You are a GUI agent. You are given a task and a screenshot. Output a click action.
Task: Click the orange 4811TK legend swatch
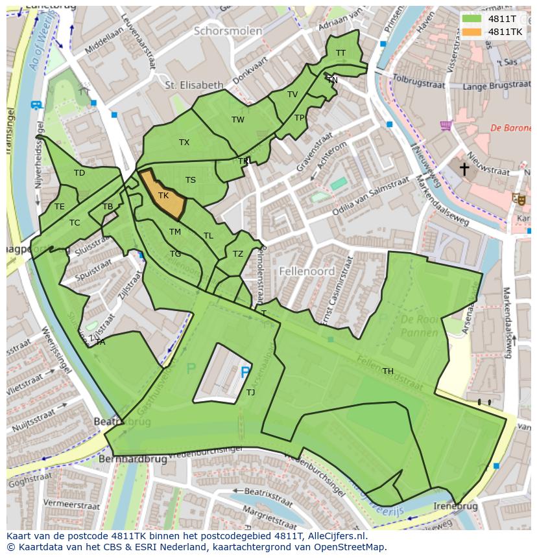(472, 32)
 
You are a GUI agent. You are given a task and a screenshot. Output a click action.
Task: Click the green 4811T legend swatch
(472, 19)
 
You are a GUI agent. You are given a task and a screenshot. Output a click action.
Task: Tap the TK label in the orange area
(163, 195)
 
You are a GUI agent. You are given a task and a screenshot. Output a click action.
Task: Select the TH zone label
(388, 371)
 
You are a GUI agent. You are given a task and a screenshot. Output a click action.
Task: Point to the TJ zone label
(250, 392)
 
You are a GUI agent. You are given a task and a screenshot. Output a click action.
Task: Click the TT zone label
(340, 53)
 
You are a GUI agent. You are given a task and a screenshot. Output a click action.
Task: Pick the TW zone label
(238, 120)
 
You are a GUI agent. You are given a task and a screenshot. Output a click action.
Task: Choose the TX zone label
(184, 143)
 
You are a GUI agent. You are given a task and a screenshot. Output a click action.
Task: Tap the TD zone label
(79, 173)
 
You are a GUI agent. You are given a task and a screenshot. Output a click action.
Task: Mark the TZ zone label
(238, 254)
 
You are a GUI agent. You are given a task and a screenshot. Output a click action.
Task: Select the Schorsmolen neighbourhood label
(228, 31)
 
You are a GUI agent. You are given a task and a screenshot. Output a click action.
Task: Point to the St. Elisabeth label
(194, 85)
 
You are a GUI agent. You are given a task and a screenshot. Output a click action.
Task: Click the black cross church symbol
(464, 169)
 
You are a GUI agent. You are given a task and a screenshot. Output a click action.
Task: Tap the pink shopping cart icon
(445, 125)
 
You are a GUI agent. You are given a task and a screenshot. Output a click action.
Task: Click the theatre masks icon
(518, 199)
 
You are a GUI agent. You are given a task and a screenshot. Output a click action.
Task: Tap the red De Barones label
(510, 128)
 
